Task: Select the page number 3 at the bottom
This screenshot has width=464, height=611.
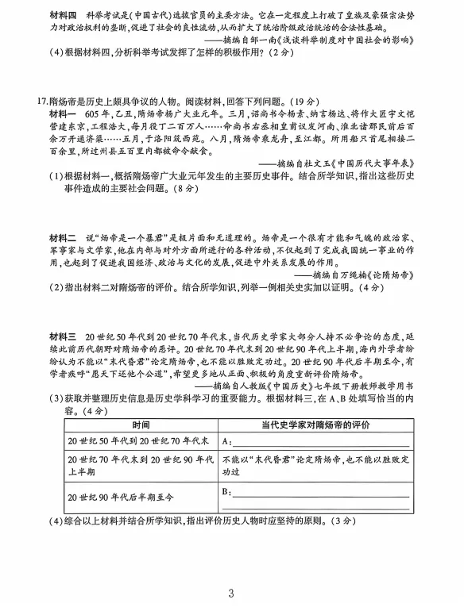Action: coord(231,593)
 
